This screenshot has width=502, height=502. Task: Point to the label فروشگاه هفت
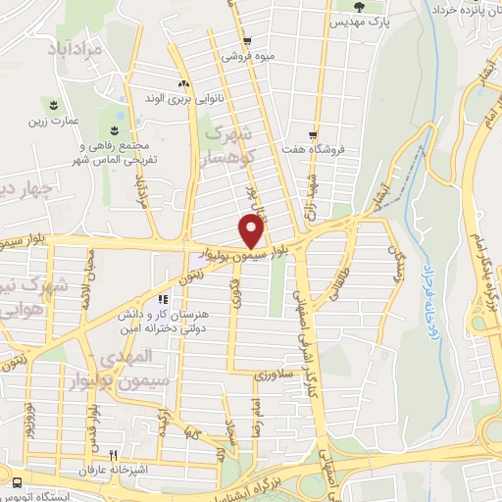[312, 152]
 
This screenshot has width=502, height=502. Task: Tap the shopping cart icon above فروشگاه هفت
[312, 136]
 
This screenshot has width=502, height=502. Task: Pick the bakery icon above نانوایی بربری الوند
[183, 84]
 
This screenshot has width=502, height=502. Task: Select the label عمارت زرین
[54, 121]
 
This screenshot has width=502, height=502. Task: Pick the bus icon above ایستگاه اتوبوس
[18, 481]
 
